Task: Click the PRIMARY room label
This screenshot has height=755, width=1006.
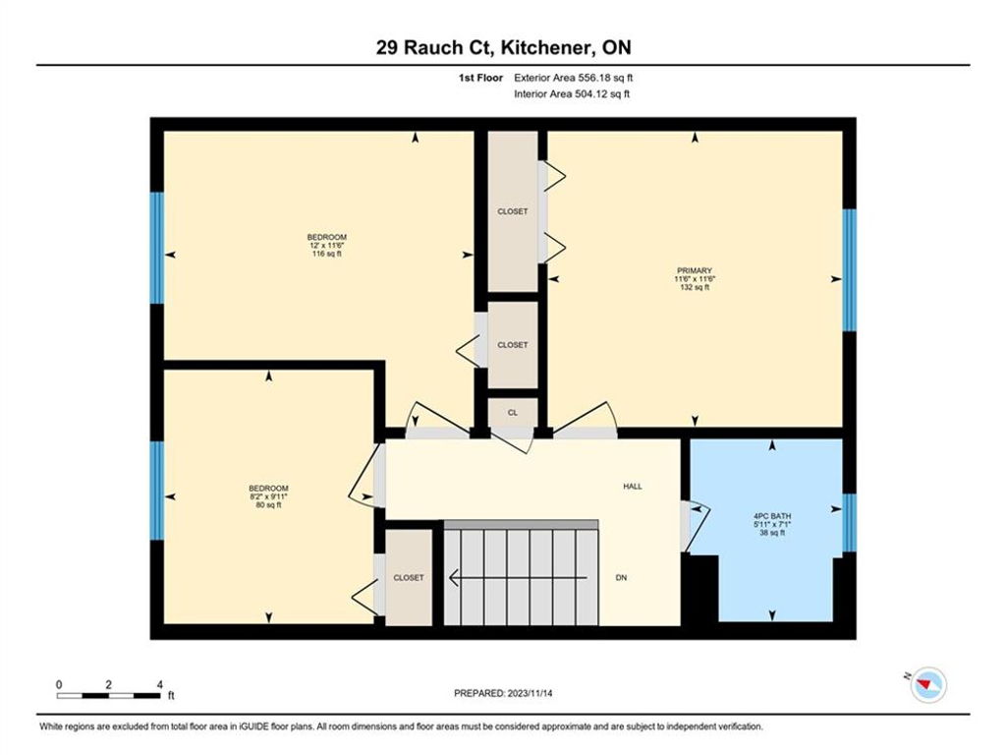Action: (695, 270)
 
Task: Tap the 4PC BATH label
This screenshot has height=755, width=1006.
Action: (772, 515)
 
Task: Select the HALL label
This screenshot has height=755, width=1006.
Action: (633, 486)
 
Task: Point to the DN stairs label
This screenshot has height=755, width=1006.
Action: (621, 578)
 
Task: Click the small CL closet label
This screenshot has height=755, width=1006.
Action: (513, 413)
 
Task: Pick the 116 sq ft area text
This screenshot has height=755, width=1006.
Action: (326, 254)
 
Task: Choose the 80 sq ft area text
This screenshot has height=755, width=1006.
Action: (269, 504)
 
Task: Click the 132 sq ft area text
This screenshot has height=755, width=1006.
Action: (695, 288)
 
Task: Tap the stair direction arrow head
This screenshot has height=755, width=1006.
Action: (453, 578)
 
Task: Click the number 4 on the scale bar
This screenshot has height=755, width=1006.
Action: (160, 684)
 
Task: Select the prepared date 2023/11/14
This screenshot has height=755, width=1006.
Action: (530, 693)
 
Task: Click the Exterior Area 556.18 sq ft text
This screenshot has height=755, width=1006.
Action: (574, 78)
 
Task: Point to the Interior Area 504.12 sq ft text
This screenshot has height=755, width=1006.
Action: (572, 93)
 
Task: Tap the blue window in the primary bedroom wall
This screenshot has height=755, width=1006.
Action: (849, 269)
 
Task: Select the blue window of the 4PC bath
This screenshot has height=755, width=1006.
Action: (849, 523)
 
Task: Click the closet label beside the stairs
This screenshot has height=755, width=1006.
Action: (409, 578)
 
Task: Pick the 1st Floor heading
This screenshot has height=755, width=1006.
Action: (480, 78)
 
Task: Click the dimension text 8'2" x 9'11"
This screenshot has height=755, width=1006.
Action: (269, 496)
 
